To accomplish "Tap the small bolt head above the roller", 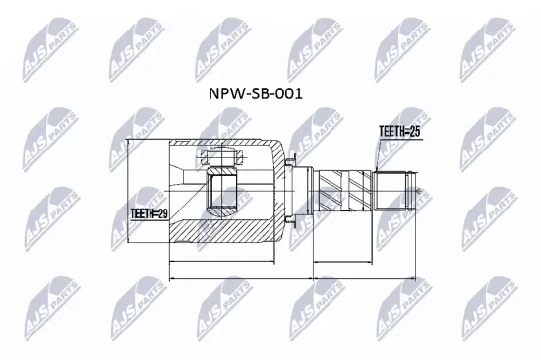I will pyautogui.click(x=218, y=157).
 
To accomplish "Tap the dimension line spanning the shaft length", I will pyautogui.click(x=362, y=263).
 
